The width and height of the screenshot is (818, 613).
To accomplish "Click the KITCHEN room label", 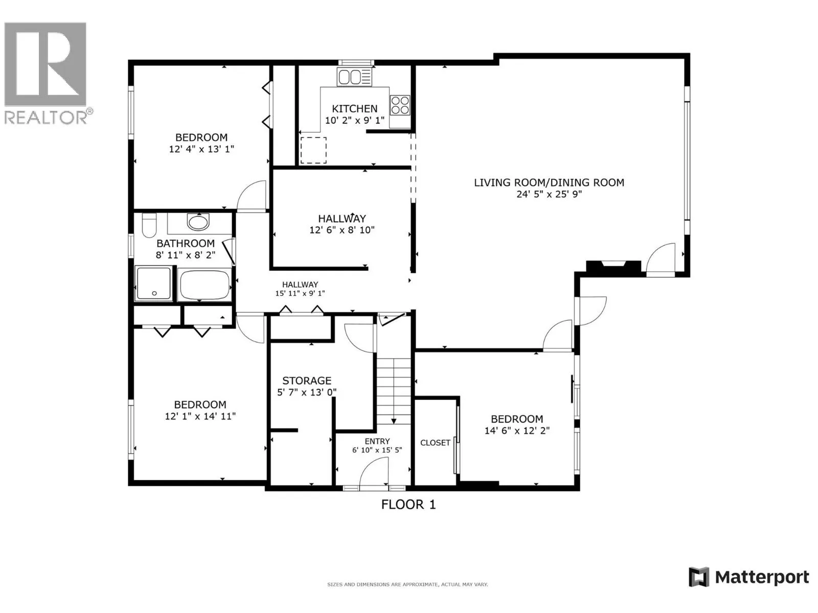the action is tap(354, 109).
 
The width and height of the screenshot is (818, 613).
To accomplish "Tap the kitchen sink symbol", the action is tap(354, 77).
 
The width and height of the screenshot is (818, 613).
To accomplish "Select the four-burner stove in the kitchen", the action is tap(400, 105).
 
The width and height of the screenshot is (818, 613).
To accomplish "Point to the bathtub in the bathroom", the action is tap(204, 285).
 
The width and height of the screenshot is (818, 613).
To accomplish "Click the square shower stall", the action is tap(154, 283).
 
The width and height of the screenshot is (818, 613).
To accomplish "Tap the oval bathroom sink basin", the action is tap(198, 222).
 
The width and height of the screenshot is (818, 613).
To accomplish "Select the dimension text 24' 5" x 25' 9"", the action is tap(549, 194).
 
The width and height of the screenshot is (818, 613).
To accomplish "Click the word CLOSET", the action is tap(435, 442).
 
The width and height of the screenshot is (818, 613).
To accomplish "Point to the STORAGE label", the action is tap(307, 381).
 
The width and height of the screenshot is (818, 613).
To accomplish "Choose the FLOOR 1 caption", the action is tap(408, 505).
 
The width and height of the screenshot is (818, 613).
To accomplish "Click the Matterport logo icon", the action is tap(699, 577).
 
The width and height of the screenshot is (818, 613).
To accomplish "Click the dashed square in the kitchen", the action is tap(313, 150).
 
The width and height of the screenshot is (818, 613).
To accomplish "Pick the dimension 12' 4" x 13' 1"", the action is tap(201, 149).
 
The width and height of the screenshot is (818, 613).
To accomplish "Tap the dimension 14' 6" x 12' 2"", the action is tap(517, 431).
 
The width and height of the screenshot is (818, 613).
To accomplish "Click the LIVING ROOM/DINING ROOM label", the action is tap(549, 182).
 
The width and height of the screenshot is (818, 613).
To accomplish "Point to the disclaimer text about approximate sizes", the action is tap(407, 584).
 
